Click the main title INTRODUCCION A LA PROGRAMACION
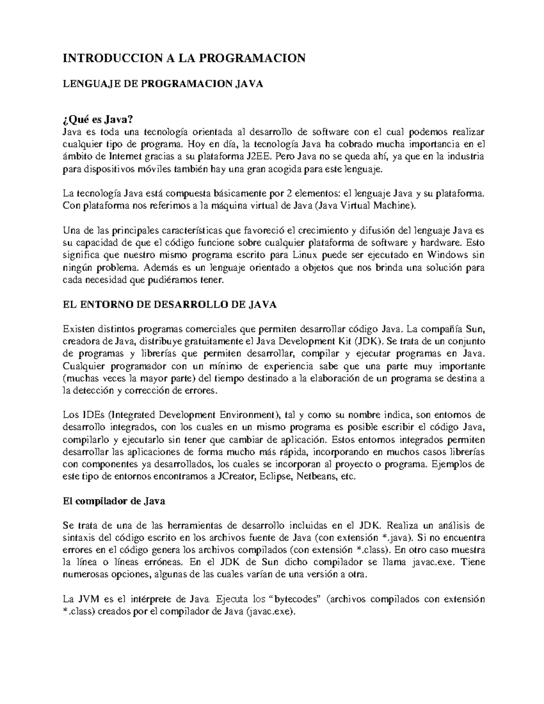[184, 58]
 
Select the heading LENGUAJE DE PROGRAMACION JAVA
[163, 84]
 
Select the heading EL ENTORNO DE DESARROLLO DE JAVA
[169, 305]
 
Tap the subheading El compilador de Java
[113, 501]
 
